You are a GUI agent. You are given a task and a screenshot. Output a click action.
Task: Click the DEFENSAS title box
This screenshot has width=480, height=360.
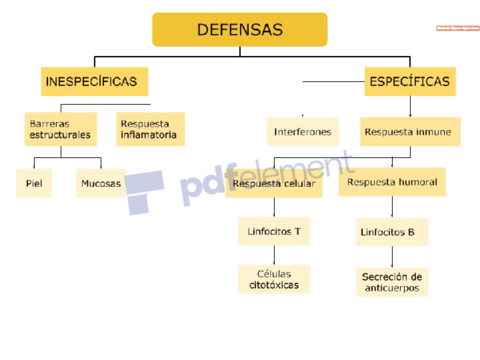click(239, 30)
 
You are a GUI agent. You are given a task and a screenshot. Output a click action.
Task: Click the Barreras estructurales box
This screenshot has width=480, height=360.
click(60, 129)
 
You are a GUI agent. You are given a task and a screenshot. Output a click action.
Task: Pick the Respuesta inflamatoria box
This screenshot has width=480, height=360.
click(150, 129)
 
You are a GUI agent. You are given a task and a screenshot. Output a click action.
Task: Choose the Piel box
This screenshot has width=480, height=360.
click(33, 184)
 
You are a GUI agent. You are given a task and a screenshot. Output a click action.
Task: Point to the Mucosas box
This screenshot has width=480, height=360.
click(100, 184)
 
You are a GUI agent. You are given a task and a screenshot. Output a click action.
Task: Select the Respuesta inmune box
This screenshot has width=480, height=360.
click(407, 131)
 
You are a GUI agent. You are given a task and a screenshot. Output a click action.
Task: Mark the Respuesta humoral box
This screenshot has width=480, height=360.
click(391, 183)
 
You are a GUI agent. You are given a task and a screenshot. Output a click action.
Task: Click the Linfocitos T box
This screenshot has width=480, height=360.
click(274, 231)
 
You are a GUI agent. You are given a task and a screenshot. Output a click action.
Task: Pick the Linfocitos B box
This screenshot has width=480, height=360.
click(387, 233)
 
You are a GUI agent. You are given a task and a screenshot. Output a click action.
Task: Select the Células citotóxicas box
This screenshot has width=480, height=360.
click(274, 279)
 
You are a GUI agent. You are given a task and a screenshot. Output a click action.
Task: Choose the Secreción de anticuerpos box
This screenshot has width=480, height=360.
click(392, 282)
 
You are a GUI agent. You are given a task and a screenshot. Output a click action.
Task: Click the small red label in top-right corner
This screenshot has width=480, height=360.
click(458, 28)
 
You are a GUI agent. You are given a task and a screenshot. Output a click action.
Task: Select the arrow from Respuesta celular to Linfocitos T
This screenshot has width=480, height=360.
click(274, 207)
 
